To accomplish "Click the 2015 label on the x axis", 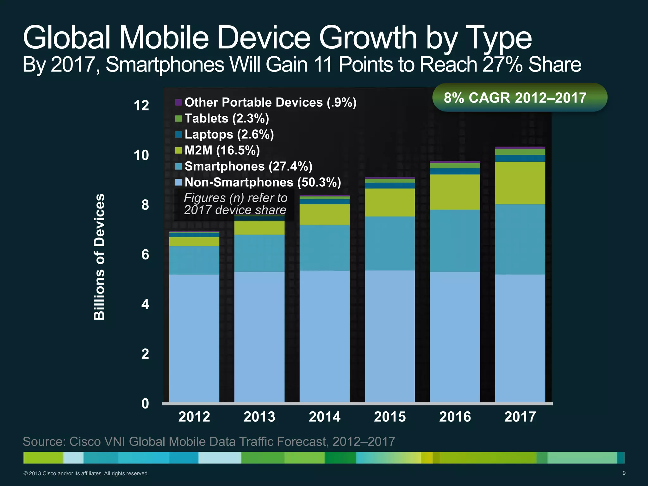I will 390,417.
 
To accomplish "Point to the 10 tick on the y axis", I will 141,155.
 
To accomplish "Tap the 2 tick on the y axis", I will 145,354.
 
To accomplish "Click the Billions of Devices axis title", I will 99,257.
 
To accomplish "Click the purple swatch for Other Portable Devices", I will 178,103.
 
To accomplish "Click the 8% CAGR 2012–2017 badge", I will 520,97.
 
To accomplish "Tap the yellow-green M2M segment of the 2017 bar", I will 520,183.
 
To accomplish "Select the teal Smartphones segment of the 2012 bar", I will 194,260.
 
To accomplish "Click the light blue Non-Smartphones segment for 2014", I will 324,335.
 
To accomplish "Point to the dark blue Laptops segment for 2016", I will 455,171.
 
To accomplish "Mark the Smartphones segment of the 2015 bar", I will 389,243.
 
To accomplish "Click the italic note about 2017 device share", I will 235,204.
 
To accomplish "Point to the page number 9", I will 624,473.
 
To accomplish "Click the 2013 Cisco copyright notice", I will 86,474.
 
